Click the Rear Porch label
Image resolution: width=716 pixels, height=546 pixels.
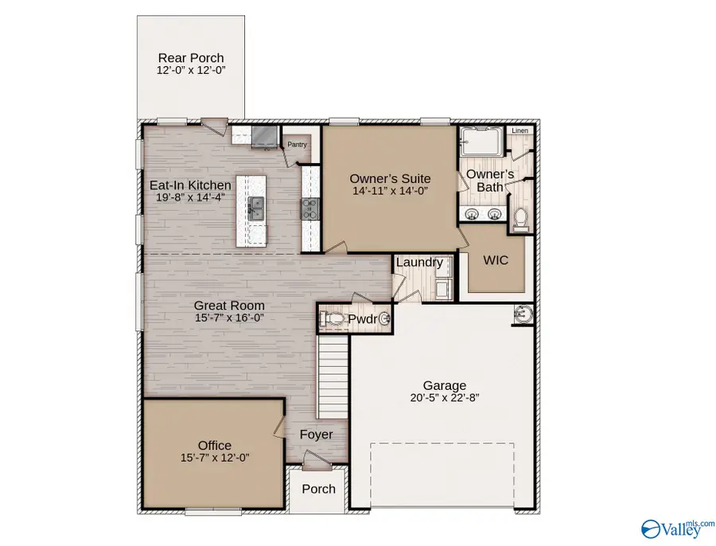coord(190,57)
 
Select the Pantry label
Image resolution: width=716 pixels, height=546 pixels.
coord(297,145)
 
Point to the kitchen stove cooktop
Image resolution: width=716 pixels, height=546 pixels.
coord(309,209)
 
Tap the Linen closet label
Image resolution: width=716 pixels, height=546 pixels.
coord(519,131)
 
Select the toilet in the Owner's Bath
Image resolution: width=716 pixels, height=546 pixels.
coord(522,217)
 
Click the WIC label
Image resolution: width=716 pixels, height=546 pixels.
coord(496,260)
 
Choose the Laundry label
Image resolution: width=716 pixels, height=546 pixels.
coord(418,262)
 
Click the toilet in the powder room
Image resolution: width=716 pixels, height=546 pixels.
coord(335,320)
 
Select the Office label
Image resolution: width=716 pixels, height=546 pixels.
coord(215,445)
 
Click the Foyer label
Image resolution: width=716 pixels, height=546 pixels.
coord(316,435)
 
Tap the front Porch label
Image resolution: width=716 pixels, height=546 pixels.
coord(318,489)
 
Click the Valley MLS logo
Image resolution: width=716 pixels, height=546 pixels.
coord(675,526)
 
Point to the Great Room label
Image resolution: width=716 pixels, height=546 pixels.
coord(230,305)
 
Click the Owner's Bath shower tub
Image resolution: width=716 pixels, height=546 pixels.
coord(481,142)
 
